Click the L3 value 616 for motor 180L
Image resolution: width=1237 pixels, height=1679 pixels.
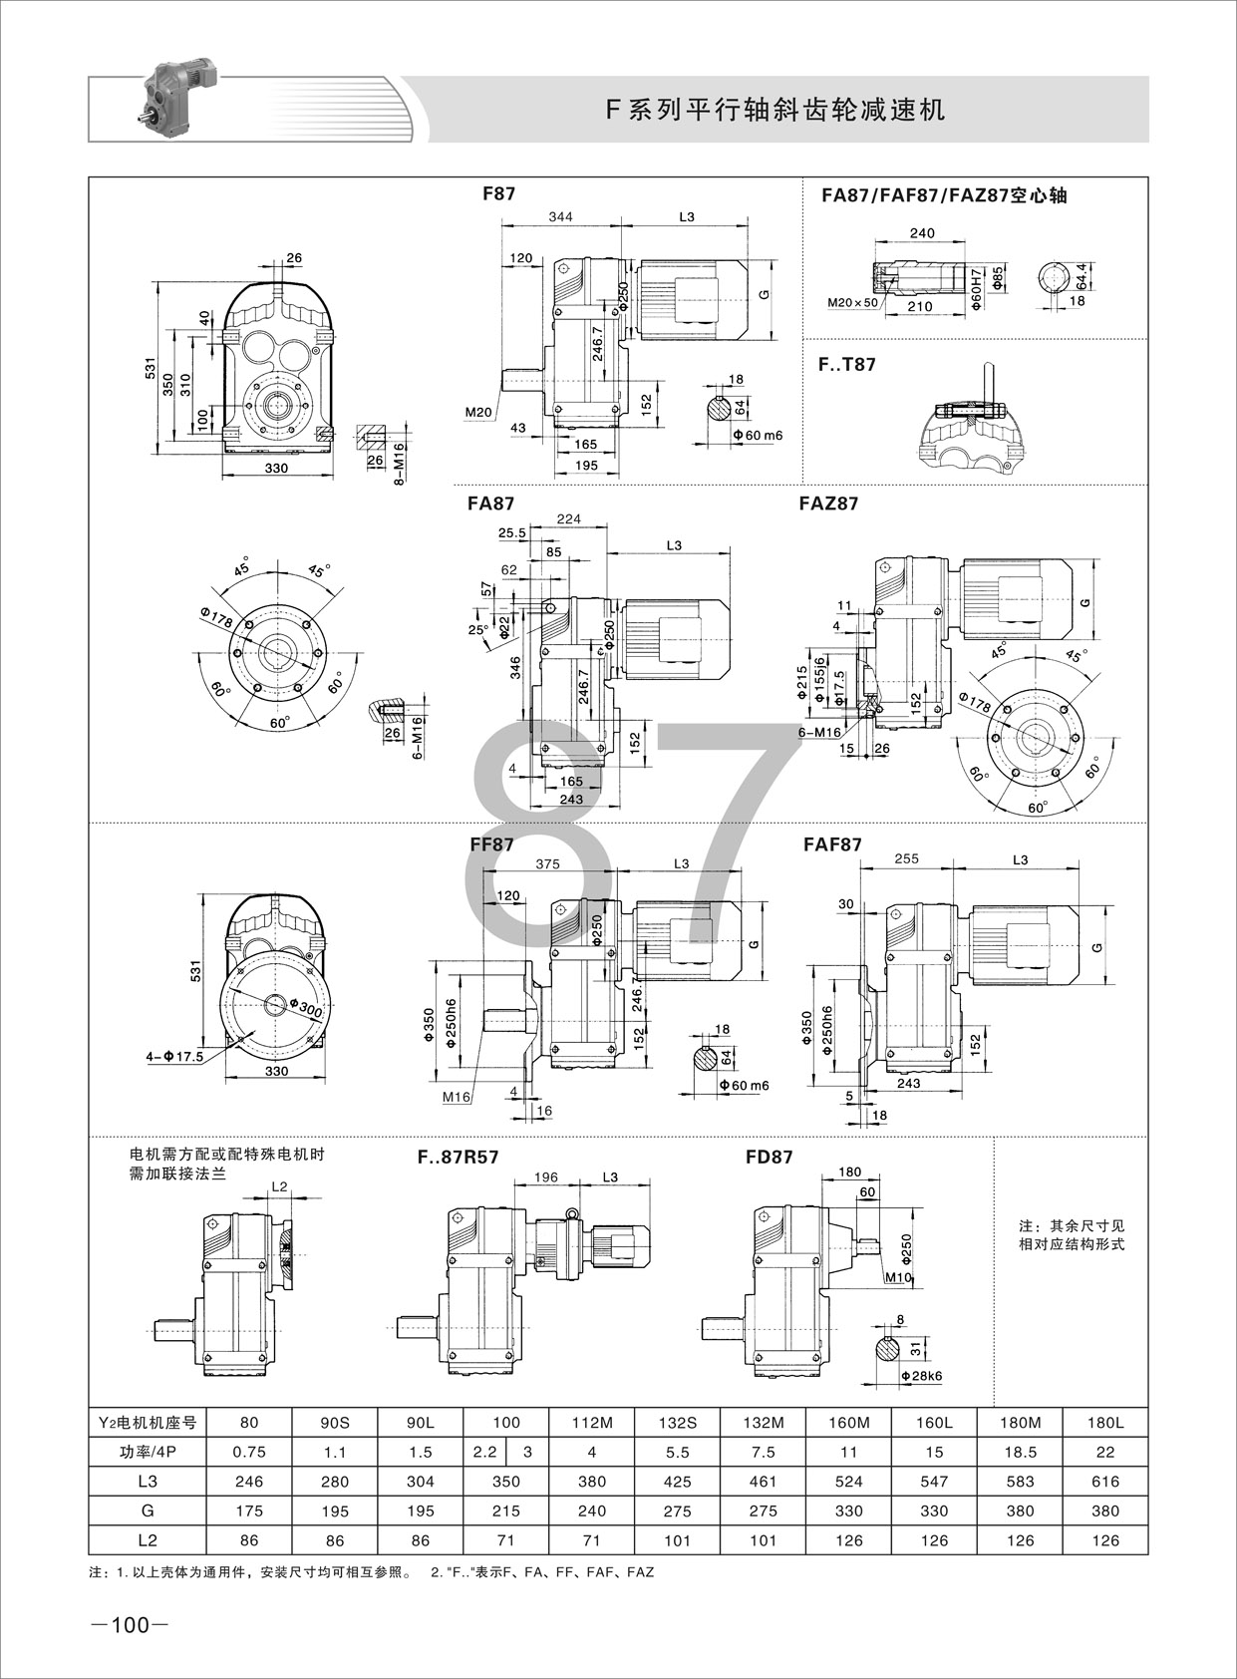click(x=1105, y=1482)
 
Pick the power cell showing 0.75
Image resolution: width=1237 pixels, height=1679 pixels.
click(x=248, y=1453)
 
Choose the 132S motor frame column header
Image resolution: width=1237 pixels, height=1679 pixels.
click(x=677, y=1424)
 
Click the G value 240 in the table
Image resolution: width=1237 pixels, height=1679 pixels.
click(x=591, y=1511)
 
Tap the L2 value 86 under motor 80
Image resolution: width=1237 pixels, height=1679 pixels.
click(x=248, y=1540)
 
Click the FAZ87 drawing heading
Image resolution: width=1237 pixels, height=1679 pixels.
click(x=828, y=504)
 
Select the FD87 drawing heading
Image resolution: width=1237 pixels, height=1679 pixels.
click(x=770, y=1158)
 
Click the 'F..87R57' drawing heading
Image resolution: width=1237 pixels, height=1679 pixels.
click(x=458, y=1158)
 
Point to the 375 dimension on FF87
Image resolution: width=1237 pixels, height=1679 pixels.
click(x=547, y=864)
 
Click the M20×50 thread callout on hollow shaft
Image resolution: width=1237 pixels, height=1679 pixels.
click(x=853, y=302)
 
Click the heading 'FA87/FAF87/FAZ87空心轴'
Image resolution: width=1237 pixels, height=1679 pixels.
click(x=944, y=195)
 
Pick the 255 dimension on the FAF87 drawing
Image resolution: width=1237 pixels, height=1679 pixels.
click(x=907, y=858)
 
